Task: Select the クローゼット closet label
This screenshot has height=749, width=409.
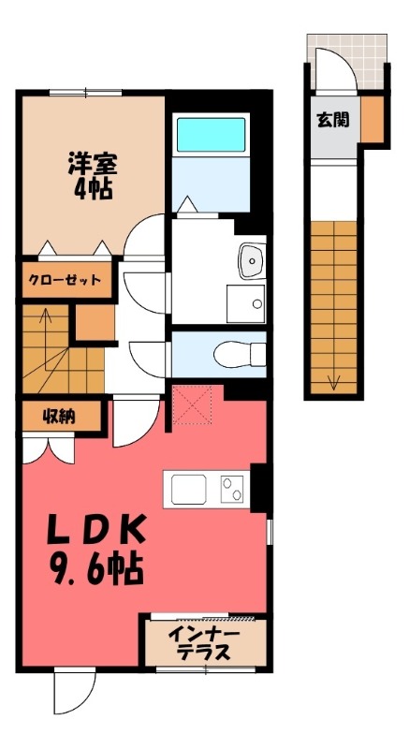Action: (64, 280)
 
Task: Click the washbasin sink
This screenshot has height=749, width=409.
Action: (250, 260)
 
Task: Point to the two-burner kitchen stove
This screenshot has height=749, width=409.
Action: (232, 489)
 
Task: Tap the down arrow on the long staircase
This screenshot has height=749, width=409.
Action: (332, 379)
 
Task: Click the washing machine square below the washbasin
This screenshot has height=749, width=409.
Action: (245, 303)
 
